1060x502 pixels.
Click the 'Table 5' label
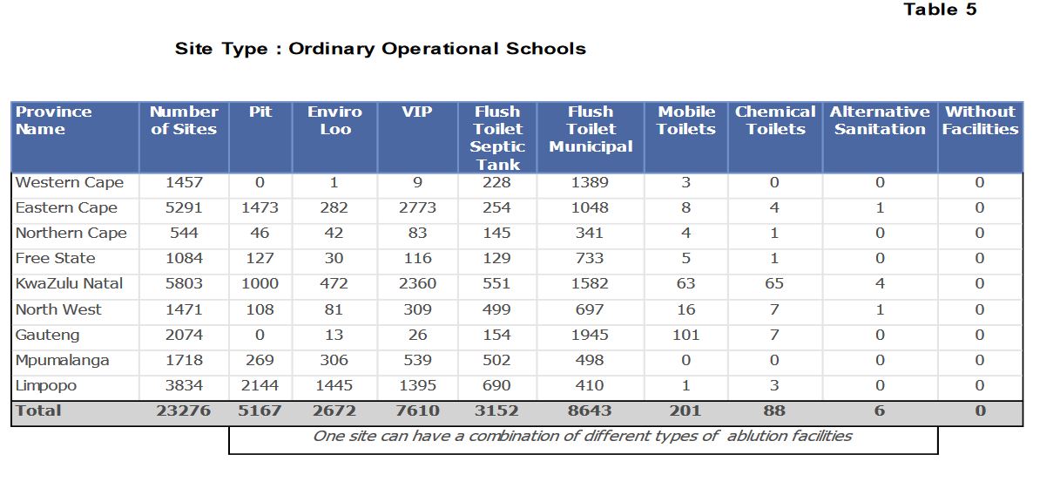(940, 10)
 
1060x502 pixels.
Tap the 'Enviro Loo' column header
(335, 120)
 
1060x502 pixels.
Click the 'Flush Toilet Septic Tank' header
(497, 138)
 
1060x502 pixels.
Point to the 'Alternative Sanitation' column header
(880, 120)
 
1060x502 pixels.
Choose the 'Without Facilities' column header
(980, 120)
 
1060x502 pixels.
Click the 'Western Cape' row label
(70, 183)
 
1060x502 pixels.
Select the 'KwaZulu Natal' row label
(69, 283)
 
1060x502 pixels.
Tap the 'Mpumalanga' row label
(63, 361)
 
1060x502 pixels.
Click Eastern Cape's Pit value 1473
(260, 208)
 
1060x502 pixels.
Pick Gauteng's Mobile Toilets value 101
(685, 336)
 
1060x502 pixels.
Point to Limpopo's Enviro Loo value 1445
(334, 385)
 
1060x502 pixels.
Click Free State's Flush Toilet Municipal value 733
(590, 259)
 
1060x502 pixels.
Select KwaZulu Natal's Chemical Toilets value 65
(774, 283)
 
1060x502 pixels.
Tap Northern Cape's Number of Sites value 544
(184, 233)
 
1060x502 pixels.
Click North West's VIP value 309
(417, 309)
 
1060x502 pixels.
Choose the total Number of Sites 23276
(184, 410)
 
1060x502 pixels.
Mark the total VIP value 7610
(417, 410)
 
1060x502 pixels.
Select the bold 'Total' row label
(38, 410)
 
